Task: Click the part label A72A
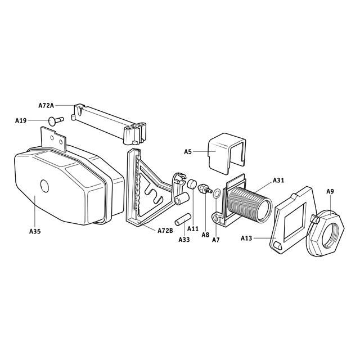tap(46, 105)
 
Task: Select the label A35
tap(35, 231)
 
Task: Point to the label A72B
tap(165, 231)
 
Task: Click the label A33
tap(184, 240)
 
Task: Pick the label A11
tap(193, 229)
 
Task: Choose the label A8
tap(206, 235)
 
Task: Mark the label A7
tap(215, 240)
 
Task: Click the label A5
tap(188, 151)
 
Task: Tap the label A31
tap(278, 180)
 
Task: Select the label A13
tap(246, 238)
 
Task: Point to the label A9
tap(330, 192)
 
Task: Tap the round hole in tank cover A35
tap(44, 186)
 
